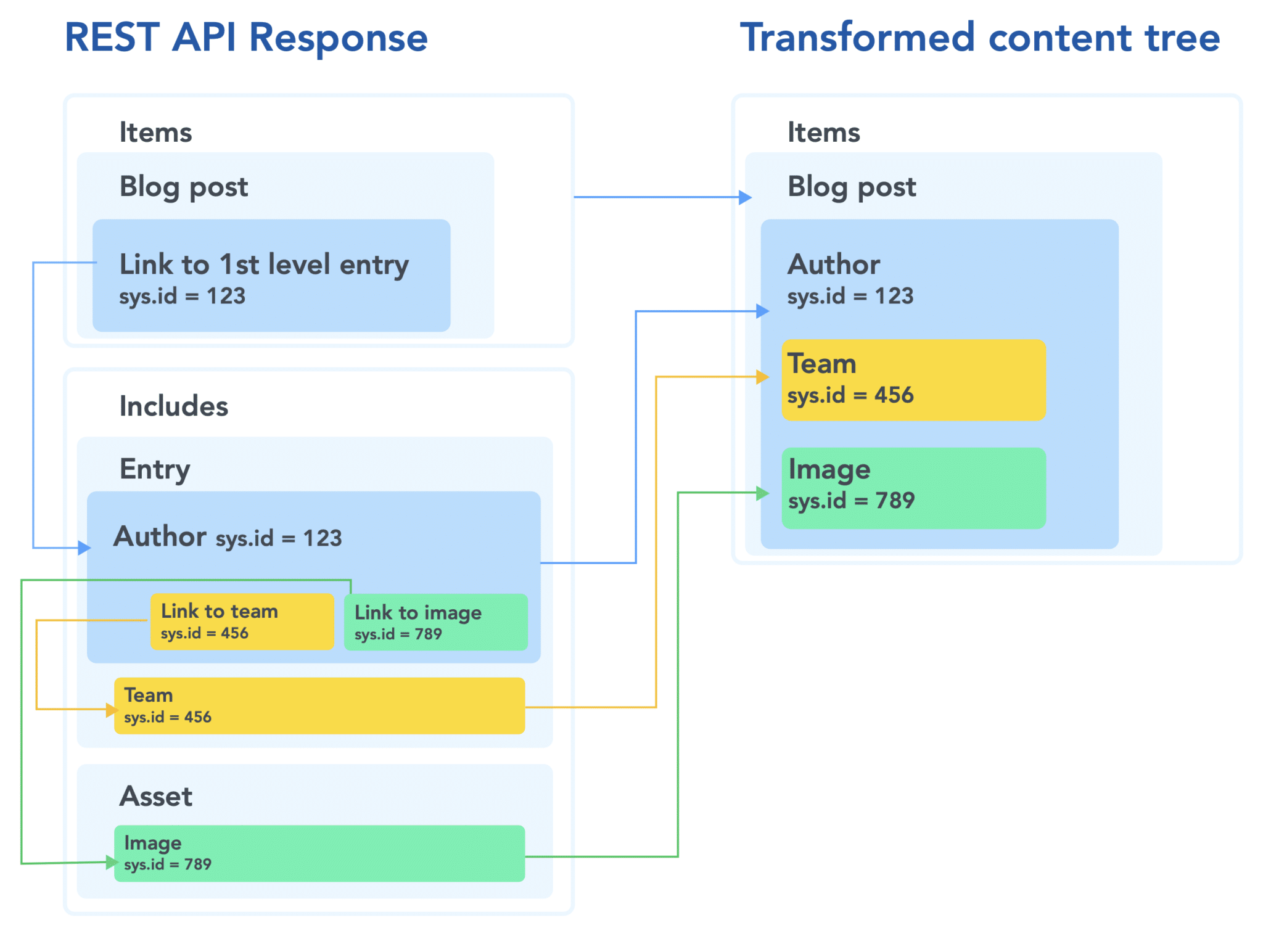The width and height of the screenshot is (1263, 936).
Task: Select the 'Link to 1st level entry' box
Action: [x=271, y=276]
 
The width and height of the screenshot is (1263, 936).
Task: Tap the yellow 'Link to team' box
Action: [x=242, y=622]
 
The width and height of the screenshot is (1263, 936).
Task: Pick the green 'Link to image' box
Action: [x=435, y=622]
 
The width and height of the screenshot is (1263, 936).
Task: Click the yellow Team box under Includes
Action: [x=319, y=705]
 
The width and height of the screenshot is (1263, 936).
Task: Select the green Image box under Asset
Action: [x=319, y=853]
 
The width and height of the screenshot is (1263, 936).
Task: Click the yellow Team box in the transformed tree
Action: [x=913, y=380]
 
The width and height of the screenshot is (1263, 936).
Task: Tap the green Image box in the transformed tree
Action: [x=913, y=488]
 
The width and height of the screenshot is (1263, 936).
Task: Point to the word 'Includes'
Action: [x=173, y=406]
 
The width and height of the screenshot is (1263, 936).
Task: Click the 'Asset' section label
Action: [x=156, y=797]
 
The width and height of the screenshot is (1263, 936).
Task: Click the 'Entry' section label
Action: [x=155, y=469]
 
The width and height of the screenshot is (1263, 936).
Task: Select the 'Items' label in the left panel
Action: [x=155, y=133]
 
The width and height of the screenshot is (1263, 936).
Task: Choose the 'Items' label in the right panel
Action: [x=823, y=133]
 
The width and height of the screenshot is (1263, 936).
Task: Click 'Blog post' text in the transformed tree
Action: [x=852, y=187]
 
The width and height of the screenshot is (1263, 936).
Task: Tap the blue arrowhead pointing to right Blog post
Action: [x=745, y=197]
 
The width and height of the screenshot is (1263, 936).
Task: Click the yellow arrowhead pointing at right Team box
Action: [x=763, y=377]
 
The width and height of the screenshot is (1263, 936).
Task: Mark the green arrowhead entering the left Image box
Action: [x=111, y=862]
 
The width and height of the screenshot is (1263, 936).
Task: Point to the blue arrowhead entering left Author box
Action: [x=84, y=548]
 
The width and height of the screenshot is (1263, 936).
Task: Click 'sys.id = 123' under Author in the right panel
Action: [x=850, y=297]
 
